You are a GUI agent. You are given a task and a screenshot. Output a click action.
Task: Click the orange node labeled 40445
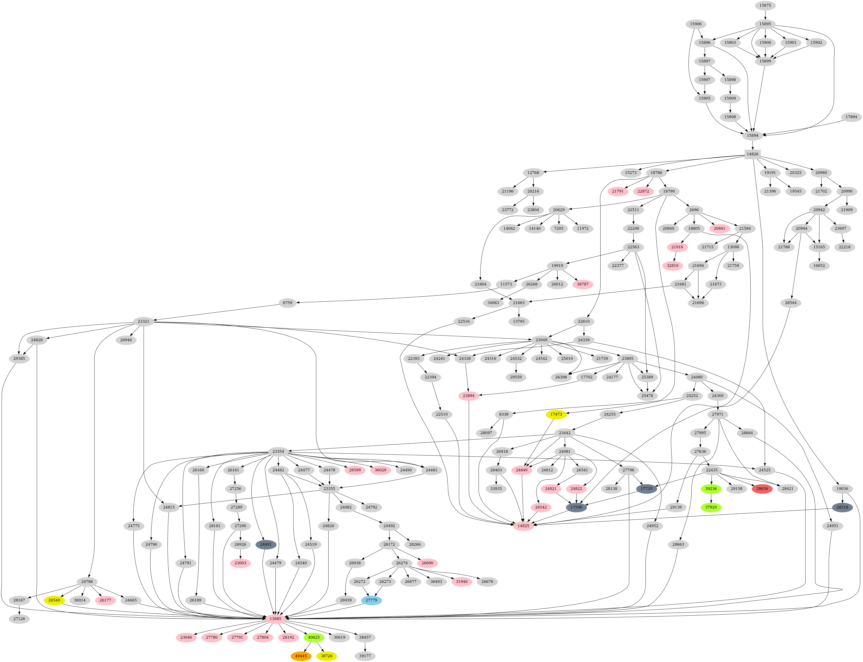coord(301,656)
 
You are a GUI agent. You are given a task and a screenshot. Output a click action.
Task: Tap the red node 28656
coord(762,489)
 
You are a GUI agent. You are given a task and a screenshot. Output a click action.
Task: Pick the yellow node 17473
coord(556,414)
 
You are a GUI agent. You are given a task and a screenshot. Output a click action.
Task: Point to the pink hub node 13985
coord(275,619)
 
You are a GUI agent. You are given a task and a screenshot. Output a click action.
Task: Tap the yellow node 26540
coord(54,600)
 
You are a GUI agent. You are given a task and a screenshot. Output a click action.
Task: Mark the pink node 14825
coord(524,526)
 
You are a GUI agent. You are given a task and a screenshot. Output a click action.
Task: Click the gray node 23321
coord(143,321)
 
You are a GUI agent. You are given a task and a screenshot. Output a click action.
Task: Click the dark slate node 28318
coord(842,507)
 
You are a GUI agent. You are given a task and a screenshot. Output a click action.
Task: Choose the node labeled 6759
coord(288,303)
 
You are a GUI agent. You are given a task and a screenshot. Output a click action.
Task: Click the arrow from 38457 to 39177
coord(365,647)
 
